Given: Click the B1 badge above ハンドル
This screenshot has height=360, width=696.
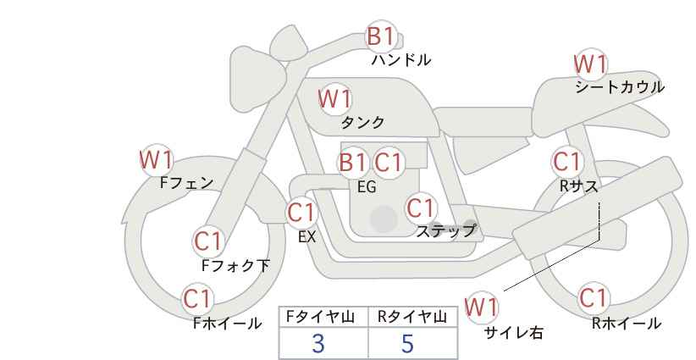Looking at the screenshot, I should (x=380, y=36).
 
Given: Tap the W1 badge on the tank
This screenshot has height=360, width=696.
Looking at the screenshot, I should (x=334, y=99).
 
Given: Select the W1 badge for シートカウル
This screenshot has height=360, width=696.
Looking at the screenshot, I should (x=590, y=64).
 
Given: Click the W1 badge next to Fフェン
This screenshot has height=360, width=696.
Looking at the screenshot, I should (x=156, y=159).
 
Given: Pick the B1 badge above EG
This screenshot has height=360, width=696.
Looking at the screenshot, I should (x=352, y=163).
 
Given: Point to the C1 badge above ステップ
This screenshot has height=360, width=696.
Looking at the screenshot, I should (x=420, y=208).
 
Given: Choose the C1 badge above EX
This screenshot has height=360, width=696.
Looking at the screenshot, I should (x=301, y=212).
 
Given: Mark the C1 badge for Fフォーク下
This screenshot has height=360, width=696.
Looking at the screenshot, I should (x=207, y=241).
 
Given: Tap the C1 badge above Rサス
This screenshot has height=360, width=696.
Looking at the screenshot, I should (x=566, y=161).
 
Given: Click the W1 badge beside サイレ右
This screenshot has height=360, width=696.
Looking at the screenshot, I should (x=482, y=307).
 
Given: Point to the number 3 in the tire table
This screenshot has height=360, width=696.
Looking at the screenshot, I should (x=318, y=344).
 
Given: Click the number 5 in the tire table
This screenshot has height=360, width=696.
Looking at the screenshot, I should (x=407, y=344).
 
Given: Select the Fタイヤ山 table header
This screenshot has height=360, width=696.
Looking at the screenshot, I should (x=323, y=317).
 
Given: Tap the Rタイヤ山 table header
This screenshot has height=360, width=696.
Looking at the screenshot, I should (x=412, y=317).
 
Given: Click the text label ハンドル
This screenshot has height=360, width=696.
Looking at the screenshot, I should (x=401, y=60).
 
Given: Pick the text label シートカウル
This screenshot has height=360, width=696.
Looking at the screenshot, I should (x=619, y=87).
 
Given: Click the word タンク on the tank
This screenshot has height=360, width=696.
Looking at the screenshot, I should (x=362, y=122).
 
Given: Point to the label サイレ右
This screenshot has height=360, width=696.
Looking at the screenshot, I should (x=513, y=333).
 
